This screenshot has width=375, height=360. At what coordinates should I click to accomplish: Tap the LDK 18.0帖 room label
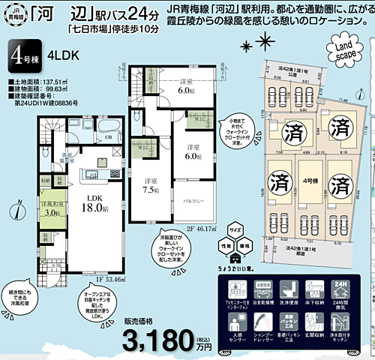95,202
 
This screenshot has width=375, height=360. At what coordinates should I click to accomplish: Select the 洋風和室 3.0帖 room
52,208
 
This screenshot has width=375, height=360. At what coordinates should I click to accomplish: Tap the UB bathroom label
67,136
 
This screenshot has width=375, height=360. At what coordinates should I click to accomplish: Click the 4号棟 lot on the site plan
307,181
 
